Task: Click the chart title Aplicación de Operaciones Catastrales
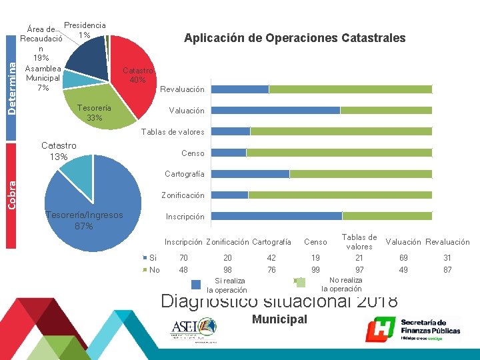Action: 294,38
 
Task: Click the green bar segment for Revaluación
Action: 350,89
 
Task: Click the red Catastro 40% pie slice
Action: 133,67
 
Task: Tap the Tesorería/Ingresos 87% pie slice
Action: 93,207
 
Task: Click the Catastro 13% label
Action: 59,151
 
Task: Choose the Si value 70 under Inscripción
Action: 183,257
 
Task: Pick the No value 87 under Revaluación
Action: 447,269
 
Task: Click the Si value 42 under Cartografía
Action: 271,257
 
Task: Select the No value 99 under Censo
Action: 315,269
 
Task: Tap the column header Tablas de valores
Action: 359,241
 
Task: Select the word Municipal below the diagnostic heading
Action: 279,319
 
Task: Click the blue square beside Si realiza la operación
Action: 196,285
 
